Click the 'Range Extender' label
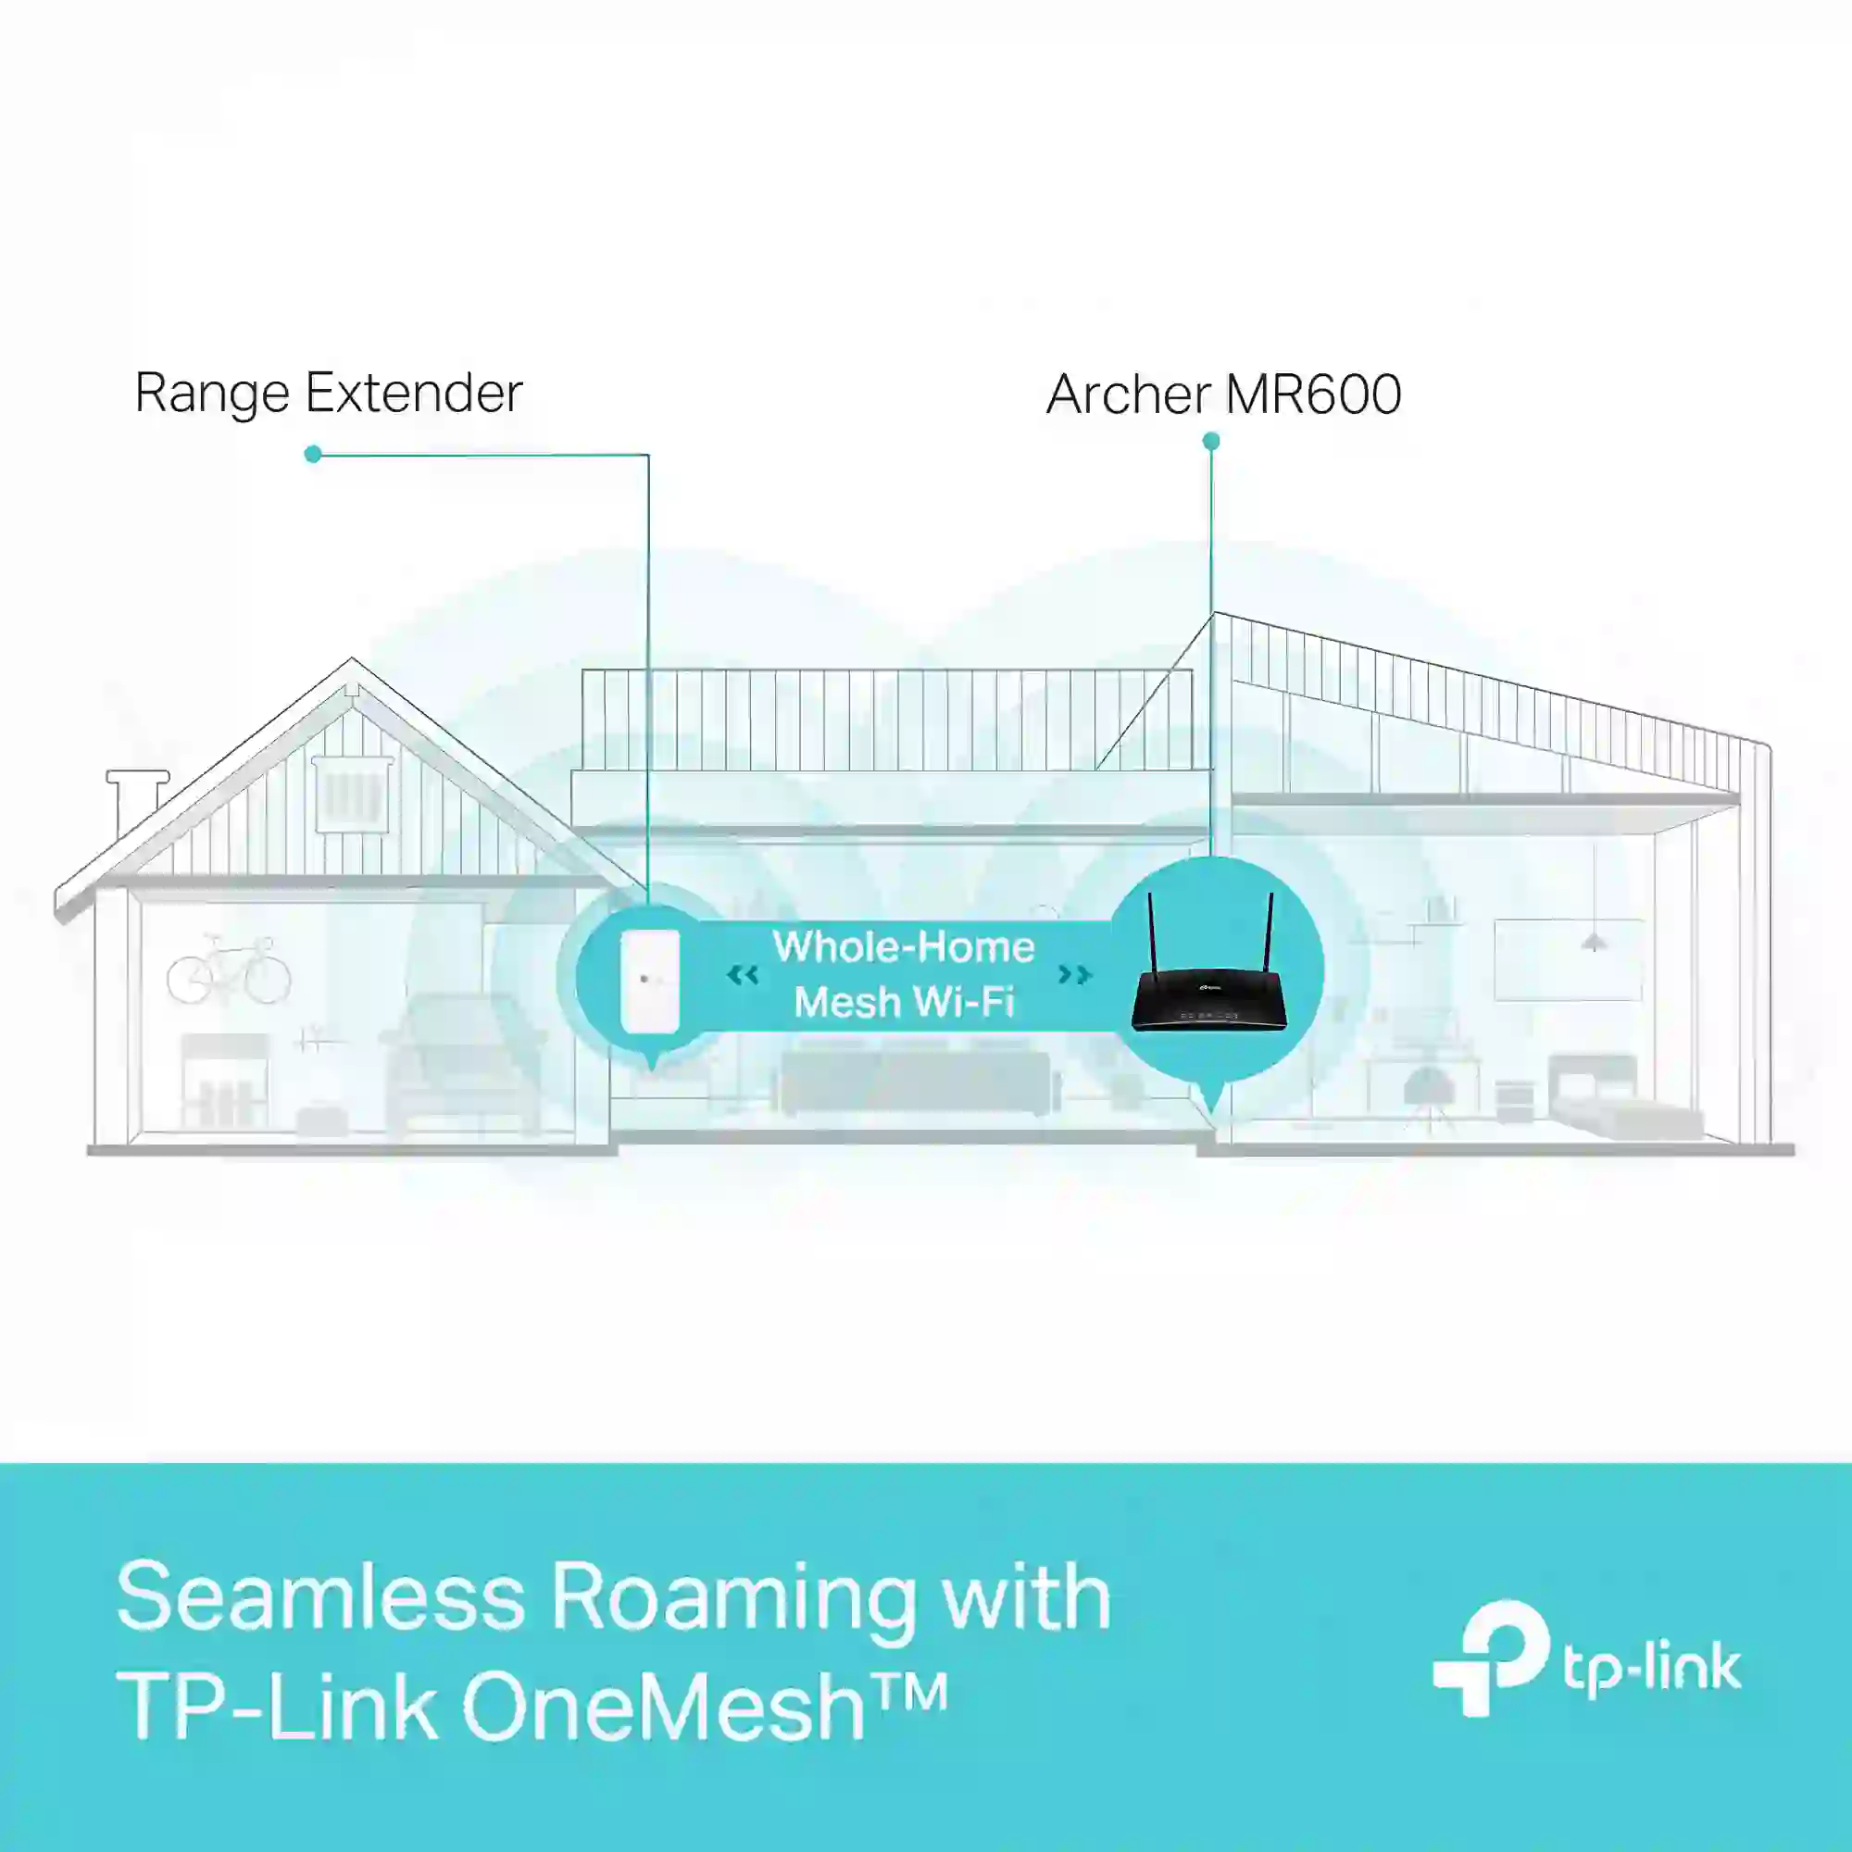pos(329,393)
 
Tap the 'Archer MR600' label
pos(1224,394)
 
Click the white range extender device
pos(650,981)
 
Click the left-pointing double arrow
pos(743,976)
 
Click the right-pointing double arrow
pos(1074,975)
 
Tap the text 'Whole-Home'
pos(904,947)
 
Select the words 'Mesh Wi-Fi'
pos(904,1003)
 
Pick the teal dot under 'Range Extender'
pos(312,454)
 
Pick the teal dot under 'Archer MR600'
pos(1210,441)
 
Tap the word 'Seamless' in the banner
pos(321,1596)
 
